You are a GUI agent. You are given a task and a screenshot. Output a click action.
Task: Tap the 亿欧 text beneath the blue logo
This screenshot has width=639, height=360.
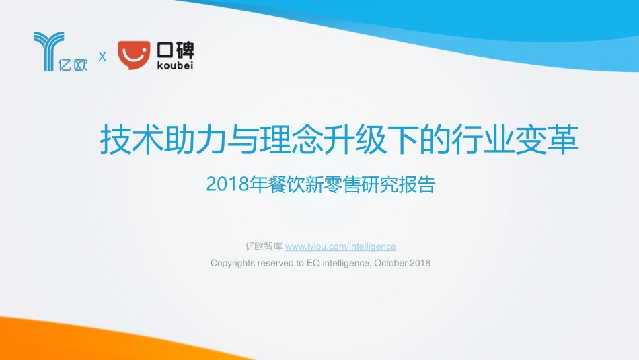pos(73,66)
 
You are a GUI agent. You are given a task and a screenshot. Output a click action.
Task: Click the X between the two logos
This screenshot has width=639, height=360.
pos(102,57)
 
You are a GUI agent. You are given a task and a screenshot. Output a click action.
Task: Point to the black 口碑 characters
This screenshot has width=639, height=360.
pos(174,48)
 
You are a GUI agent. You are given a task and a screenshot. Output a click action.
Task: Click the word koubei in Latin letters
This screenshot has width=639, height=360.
pos(174,65)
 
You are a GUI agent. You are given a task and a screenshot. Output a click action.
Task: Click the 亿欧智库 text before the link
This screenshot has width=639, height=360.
pos(264,246)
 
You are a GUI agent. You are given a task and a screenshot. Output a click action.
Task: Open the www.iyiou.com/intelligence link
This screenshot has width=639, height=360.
pos(340,246)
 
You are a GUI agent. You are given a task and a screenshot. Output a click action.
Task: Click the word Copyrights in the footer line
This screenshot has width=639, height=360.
pos(233,263)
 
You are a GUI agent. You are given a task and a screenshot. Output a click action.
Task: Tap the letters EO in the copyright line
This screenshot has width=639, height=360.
pos(313,263)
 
